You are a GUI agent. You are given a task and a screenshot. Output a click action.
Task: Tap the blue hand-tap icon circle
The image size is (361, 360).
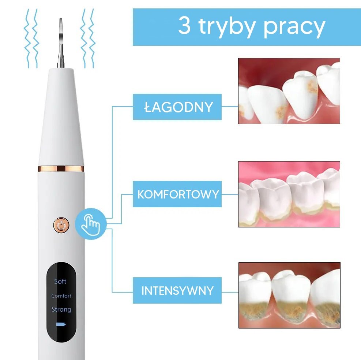(91, 224)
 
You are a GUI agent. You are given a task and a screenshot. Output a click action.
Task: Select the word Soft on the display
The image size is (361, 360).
(60, 281)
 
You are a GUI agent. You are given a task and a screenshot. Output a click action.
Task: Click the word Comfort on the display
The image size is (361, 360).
(61, 296)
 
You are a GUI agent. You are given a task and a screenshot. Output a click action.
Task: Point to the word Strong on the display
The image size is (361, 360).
(61, 309)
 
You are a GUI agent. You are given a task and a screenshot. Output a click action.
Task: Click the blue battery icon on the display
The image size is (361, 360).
(61, 324)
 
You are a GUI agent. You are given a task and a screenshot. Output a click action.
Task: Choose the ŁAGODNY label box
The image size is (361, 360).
(177, 107)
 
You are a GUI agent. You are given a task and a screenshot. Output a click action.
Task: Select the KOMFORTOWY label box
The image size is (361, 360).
(177, 194)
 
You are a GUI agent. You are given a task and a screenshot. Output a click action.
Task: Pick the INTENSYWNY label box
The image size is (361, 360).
(177, 290)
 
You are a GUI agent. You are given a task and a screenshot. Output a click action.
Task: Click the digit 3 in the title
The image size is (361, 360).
(185, 26)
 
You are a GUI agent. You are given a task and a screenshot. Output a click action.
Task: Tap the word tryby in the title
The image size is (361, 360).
(227, 27)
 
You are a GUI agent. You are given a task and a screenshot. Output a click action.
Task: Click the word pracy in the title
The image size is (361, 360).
(294, 28)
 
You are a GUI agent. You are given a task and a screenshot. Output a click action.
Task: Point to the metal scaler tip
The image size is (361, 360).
(61, 42)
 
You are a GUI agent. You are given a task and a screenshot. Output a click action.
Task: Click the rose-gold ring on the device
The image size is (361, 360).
(61, 169)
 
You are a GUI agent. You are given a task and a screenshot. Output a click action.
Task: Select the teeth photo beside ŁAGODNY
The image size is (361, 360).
(289, 91)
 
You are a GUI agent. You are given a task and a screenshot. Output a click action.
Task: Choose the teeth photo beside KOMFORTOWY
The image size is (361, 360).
(289, 194)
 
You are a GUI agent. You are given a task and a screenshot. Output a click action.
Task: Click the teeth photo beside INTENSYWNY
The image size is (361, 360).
(289, 295)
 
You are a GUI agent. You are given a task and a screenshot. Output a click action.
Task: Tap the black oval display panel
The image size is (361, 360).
(61, 302)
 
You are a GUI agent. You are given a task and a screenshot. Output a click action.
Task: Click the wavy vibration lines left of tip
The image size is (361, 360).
(31, 38)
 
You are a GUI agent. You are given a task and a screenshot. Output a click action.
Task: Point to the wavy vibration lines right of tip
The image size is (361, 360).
(88, 38)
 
